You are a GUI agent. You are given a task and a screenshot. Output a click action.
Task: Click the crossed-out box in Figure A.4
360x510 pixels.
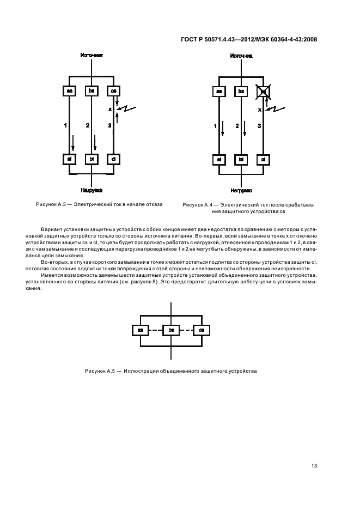tap(263, 91)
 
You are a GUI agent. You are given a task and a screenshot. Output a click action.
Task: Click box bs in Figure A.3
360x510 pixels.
tap(91, 91)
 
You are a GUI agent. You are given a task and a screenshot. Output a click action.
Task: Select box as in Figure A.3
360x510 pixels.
tap(70, 91)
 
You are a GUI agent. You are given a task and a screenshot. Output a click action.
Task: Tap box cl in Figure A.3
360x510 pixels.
tap(113, 159)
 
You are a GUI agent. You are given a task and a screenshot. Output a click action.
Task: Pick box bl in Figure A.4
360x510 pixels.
tap(241, 160)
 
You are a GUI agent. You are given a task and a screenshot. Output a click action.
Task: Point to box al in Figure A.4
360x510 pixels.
tap(219, 160)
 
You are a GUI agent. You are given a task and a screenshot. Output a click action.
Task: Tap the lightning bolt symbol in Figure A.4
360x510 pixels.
tap(277, 109)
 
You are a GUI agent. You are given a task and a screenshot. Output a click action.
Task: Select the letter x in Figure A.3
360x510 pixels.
tap(109, 109)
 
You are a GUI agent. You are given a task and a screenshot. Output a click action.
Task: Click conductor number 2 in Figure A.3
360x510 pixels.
tap(87, 126)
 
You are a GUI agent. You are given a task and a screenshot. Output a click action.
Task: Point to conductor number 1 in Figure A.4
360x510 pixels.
tap(215, 126)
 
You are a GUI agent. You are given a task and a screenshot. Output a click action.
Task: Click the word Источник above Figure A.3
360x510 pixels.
tap(91, 56)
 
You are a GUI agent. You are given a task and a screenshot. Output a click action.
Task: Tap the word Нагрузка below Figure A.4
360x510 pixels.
tap(241, 191)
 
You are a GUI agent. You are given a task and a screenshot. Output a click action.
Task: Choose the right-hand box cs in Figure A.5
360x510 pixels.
tap(202, 330)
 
